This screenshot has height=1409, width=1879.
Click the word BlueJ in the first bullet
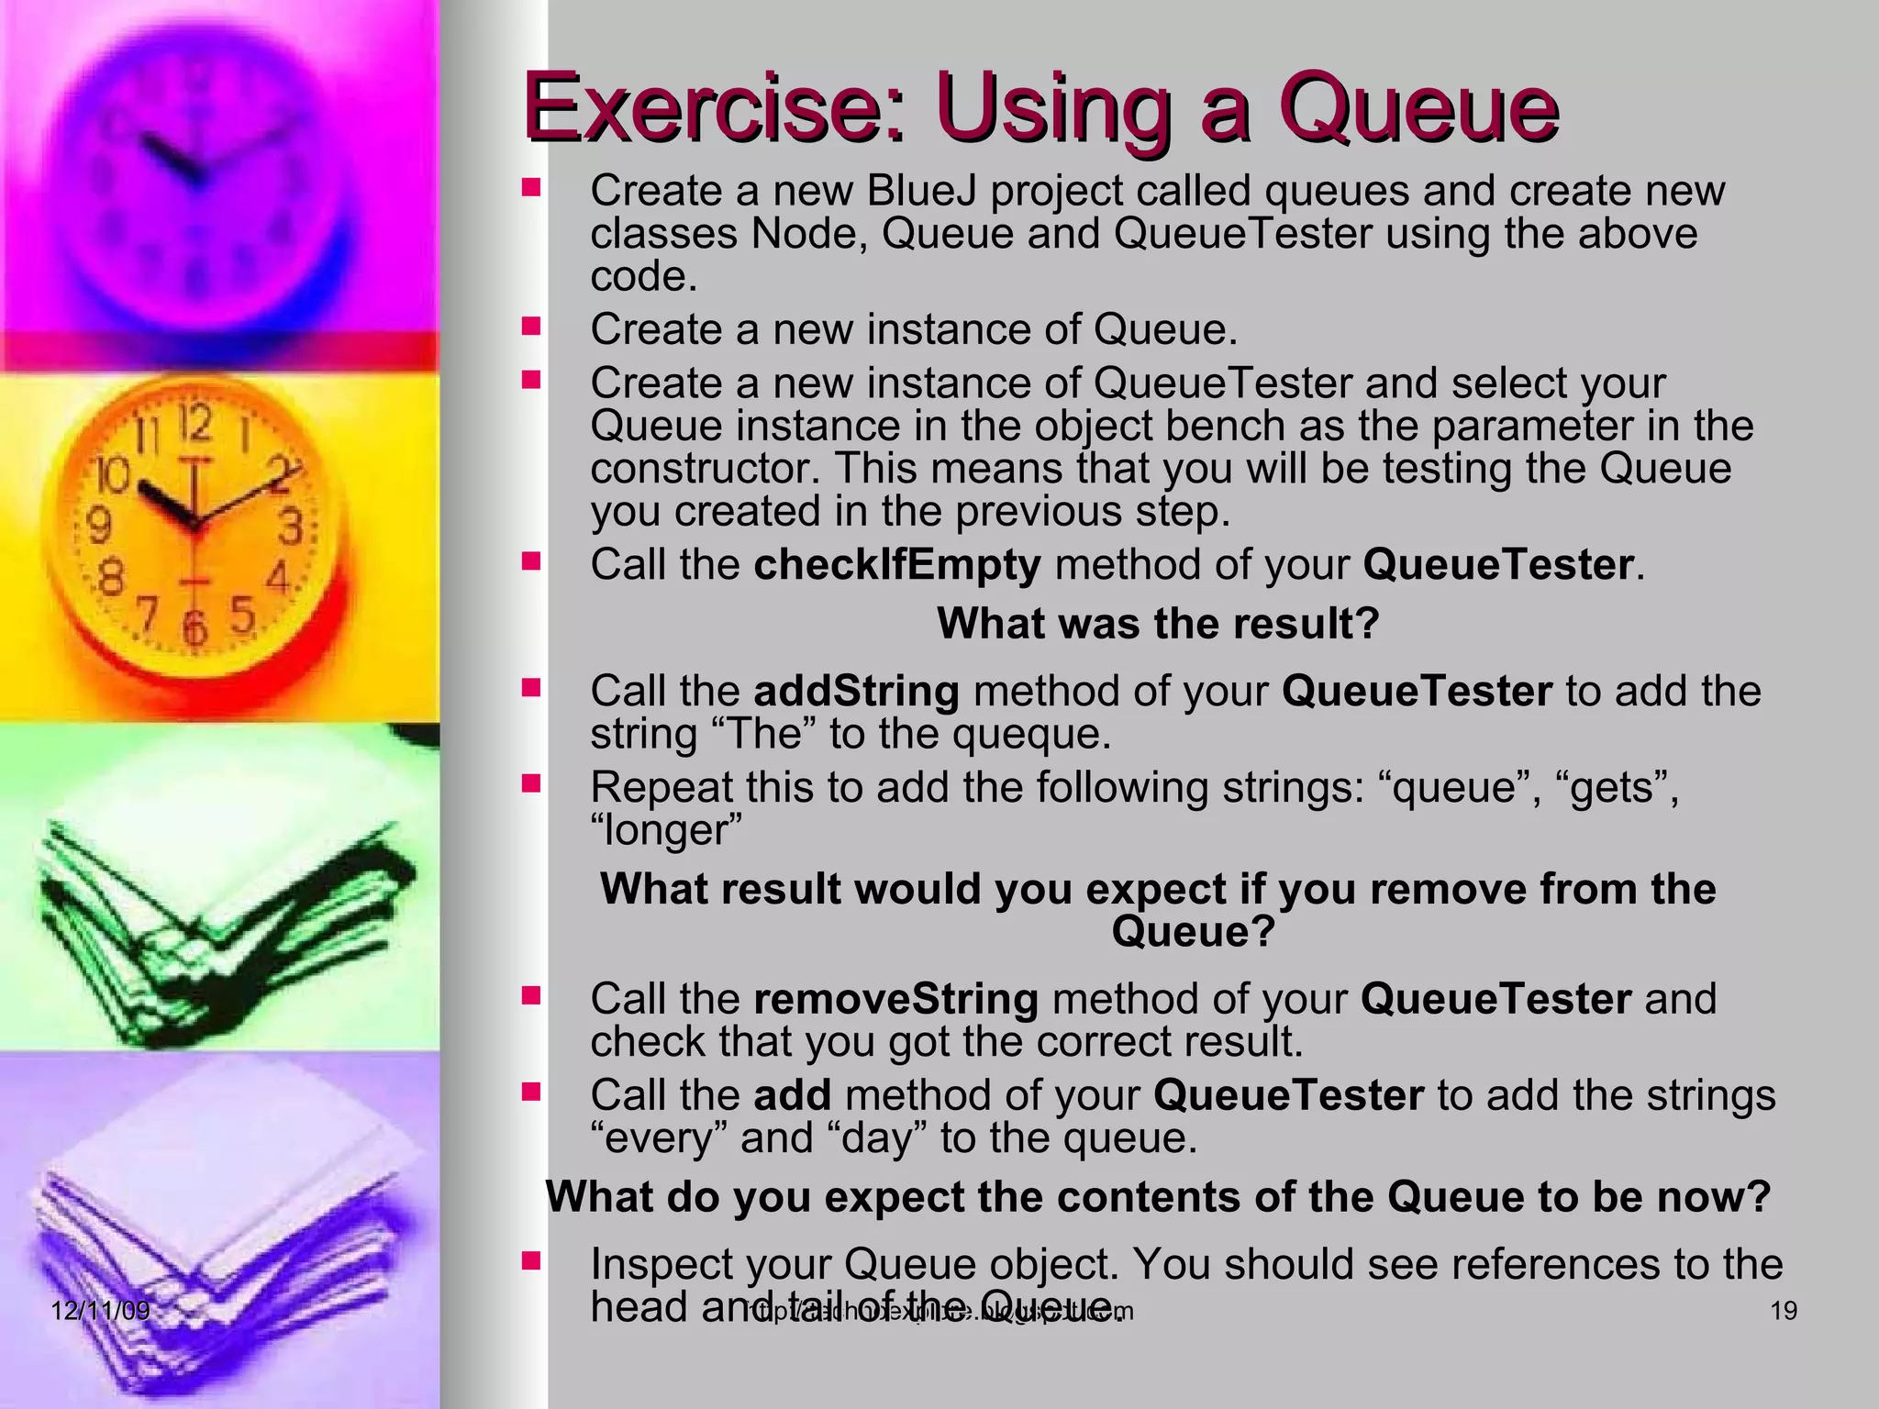920,192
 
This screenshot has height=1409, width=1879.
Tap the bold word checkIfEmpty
897,565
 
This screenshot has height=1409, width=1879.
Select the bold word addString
856,692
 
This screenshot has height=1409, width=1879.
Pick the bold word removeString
895,999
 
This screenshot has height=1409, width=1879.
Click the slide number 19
1783,1311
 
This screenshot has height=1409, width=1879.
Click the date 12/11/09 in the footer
100,1310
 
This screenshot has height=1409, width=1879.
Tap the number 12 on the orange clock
195,425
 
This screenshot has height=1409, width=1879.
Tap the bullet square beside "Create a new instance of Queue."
531,326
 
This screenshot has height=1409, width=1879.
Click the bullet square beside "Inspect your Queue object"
531,1260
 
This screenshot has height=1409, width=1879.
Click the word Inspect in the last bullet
661,1265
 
